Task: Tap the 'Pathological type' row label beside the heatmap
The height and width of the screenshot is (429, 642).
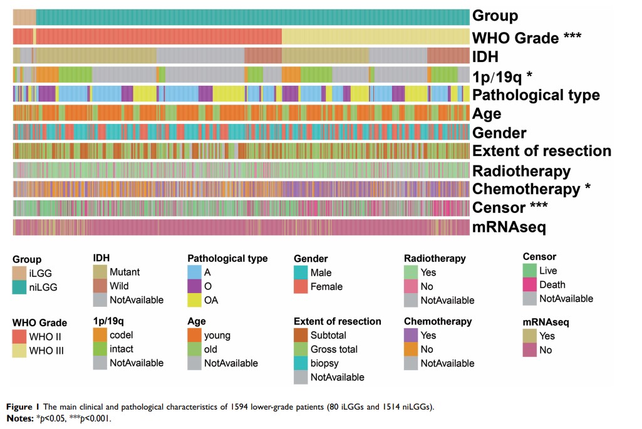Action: point(536,95)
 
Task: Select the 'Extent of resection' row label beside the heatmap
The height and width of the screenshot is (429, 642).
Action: point(542,151)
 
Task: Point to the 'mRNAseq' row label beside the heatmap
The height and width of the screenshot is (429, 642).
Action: point(509,227)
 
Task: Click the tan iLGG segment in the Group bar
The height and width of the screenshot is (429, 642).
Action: point(24,18)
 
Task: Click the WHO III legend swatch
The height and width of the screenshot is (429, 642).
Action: point(21,350)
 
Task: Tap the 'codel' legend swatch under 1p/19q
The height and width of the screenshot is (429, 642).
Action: point(101,335)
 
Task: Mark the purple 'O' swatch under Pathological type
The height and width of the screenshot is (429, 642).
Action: point(195,286)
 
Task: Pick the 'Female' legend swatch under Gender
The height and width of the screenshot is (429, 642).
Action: point(302,287)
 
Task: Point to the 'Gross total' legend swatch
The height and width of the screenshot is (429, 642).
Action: point(302,349)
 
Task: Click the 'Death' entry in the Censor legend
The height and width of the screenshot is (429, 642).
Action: point(530,284)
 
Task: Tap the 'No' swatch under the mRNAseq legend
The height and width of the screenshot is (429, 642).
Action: point(530,350)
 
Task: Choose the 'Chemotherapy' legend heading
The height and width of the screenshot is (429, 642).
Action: point(438,321)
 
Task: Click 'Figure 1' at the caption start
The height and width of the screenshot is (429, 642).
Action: point(29,407)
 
